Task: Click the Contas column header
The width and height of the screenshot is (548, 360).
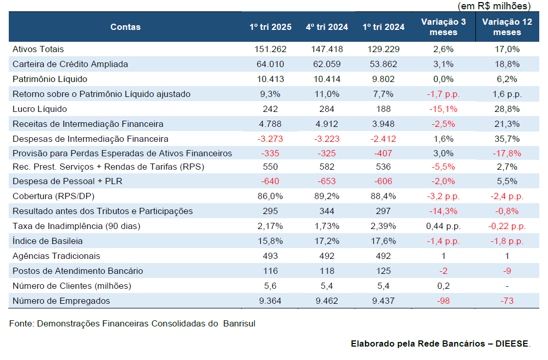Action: pos(125,27)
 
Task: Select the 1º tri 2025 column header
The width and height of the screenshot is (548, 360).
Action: pos(271,27)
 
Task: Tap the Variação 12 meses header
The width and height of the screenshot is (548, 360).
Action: pos(507,27)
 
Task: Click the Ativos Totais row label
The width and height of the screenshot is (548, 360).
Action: pos(38,49)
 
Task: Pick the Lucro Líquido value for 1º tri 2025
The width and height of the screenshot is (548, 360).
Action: pos(271,109)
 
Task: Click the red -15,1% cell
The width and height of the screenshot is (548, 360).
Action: pos(443,109)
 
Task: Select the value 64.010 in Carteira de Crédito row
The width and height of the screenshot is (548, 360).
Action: pos(271,64)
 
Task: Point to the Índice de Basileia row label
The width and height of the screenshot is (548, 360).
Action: pos(47,241)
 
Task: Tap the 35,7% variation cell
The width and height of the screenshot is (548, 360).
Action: pos(507,139)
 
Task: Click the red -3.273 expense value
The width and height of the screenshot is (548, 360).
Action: pos(270,139)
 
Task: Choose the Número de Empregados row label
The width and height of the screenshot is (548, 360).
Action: pos(61,301)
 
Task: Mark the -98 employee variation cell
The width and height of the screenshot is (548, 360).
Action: pos(443,301)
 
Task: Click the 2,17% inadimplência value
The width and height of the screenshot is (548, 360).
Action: pos(271,226)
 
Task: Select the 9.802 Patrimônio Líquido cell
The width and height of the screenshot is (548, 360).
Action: pos(384,79)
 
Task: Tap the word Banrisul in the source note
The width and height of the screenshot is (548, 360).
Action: pos(239,324)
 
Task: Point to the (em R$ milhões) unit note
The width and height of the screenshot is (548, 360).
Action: pos(494,6)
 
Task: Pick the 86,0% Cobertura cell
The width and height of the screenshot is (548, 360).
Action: pos(271,196)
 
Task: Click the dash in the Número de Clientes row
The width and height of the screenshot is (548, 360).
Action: pos(507,286)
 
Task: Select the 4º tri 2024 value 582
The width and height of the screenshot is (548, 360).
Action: pos(327,167)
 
